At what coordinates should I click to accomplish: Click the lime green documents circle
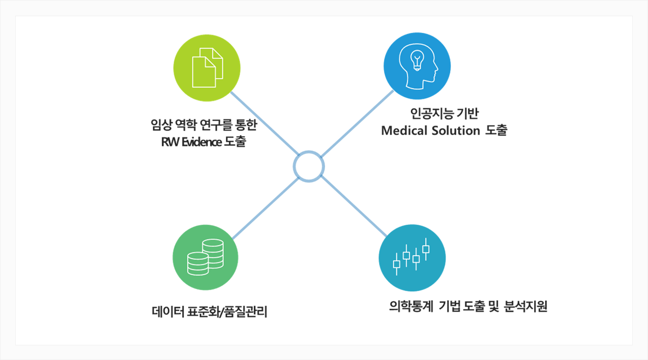[x=207, y=68]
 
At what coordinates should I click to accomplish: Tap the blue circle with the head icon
[x=417, y=66]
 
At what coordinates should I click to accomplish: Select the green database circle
[x=206, y=258]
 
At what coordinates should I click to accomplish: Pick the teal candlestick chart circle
[x=412, y=258]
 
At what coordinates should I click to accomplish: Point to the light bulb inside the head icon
[x=417, y=60]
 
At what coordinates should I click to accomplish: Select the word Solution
[x=456, y=131]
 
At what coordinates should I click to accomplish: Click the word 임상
[x=161, y=125]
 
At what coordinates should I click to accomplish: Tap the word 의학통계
[x=411, y=306]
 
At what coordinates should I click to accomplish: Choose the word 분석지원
[x=525, y=306]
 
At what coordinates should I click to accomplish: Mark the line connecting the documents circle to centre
[x=264, y=124]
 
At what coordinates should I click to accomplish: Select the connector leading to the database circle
[x=266, y=209]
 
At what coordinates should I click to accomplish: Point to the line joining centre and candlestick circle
[x=354, y=206]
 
